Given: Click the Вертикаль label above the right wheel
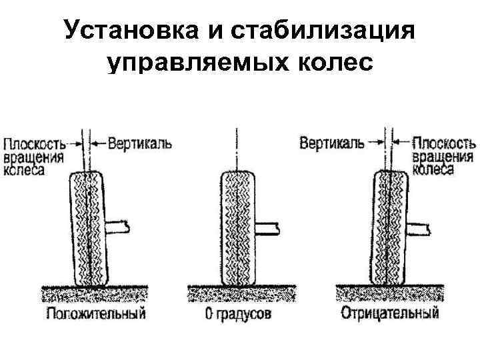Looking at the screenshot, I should tap(331, 143).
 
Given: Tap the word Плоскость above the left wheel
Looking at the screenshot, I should tap(34, 144).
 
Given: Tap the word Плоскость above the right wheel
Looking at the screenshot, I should tap(445, 144).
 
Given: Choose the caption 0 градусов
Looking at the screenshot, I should tap(238, 313).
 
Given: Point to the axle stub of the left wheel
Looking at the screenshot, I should tap(117, 226).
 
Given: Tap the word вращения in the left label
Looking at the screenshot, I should tap(34, 157).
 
